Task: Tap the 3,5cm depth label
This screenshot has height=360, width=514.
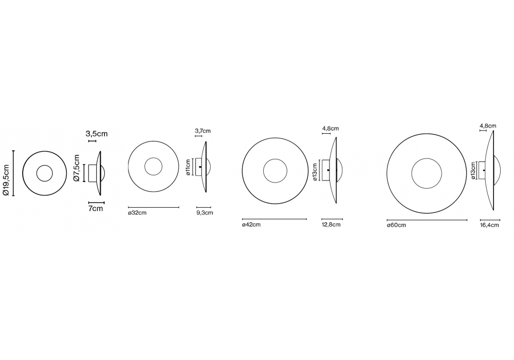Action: pos(97,134)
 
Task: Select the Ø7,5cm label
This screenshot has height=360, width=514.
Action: pos(77,168)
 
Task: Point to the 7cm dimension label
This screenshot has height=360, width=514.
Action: pos(96,208)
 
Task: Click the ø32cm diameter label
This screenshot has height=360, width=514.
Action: pos(137,213)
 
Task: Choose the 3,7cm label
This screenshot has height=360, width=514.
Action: pos(203,131)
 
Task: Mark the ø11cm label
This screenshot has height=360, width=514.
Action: pos(188,167)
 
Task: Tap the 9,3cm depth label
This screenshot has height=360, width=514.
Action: pos(205,213)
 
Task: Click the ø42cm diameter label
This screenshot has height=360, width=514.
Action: pos(251,225)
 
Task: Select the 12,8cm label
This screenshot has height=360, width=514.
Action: pos(331,225)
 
